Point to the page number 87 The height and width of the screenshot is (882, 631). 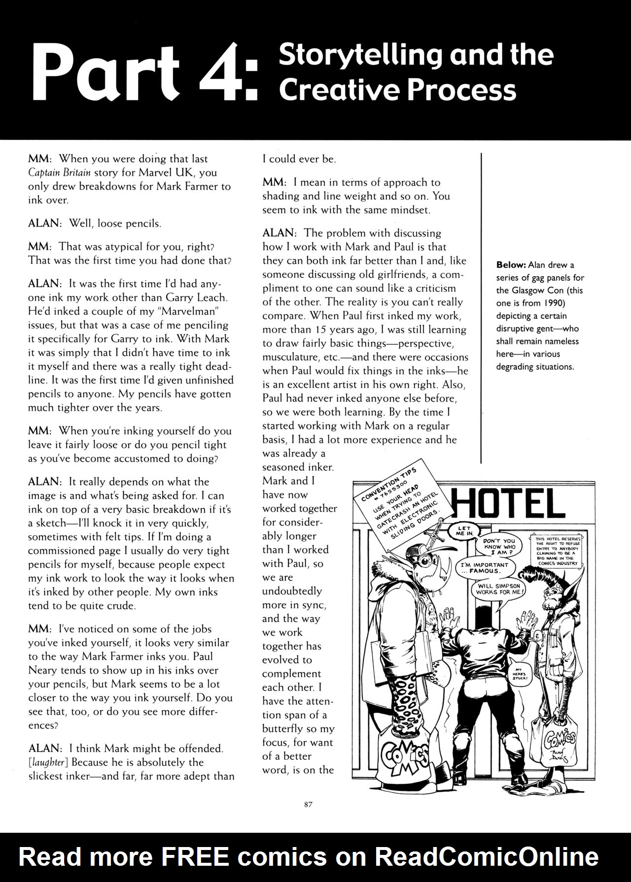[309, 804]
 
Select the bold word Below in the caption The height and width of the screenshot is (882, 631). [511, 265]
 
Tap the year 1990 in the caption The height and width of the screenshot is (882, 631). [554, 303]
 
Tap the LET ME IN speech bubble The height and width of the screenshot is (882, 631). [464, 531]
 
